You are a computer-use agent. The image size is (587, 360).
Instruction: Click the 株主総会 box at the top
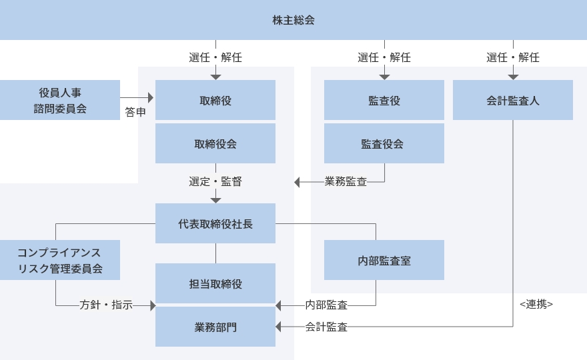pos(293,20)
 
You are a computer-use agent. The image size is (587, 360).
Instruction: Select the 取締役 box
pos(215,100)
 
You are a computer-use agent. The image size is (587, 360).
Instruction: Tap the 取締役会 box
pos(215,143)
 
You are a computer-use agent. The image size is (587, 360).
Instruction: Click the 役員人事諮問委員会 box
pos(60,100)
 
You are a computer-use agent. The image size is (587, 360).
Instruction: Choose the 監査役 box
pos(384,100)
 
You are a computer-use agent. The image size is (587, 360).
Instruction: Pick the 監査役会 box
pos(384,143)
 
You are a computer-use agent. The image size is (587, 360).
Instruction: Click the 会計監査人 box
pos(513,100)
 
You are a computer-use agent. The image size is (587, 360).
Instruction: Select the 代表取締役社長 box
pos(215,223)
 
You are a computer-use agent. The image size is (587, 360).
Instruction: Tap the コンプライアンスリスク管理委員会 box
pos(60,260)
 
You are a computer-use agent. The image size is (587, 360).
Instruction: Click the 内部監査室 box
pos(384,260)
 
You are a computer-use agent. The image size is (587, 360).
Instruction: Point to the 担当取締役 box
pos(215,283)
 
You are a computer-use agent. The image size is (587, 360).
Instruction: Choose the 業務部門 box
pos(215,327)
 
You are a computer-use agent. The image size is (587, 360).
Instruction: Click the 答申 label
pos(135,113)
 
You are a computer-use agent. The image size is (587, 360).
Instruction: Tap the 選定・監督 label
pos(215,181)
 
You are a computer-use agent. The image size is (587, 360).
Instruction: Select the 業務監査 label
pos(346,181)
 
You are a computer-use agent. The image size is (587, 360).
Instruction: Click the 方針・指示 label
pos(106,305)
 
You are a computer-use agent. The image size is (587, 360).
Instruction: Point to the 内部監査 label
pos(326,305)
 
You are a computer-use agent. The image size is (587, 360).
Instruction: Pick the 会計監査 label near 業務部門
pos(326,327)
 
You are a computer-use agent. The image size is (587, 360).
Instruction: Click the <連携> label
pos(536,304)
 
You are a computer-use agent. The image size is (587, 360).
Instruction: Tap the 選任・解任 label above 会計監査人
pos(513,57)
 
